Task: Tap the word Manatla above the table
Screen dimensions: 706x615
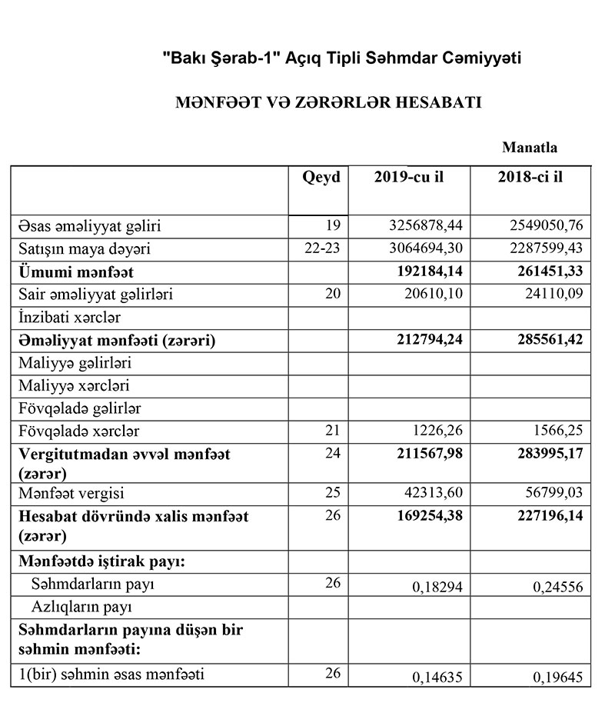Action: click(529, 147)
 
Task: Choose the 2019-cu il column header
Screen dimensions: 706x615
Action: click(409, 177)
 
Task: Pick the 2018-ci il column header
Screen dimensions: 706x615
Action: click(531, 177)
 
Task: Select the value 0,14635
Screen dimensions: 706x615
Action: click(434, 678)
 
